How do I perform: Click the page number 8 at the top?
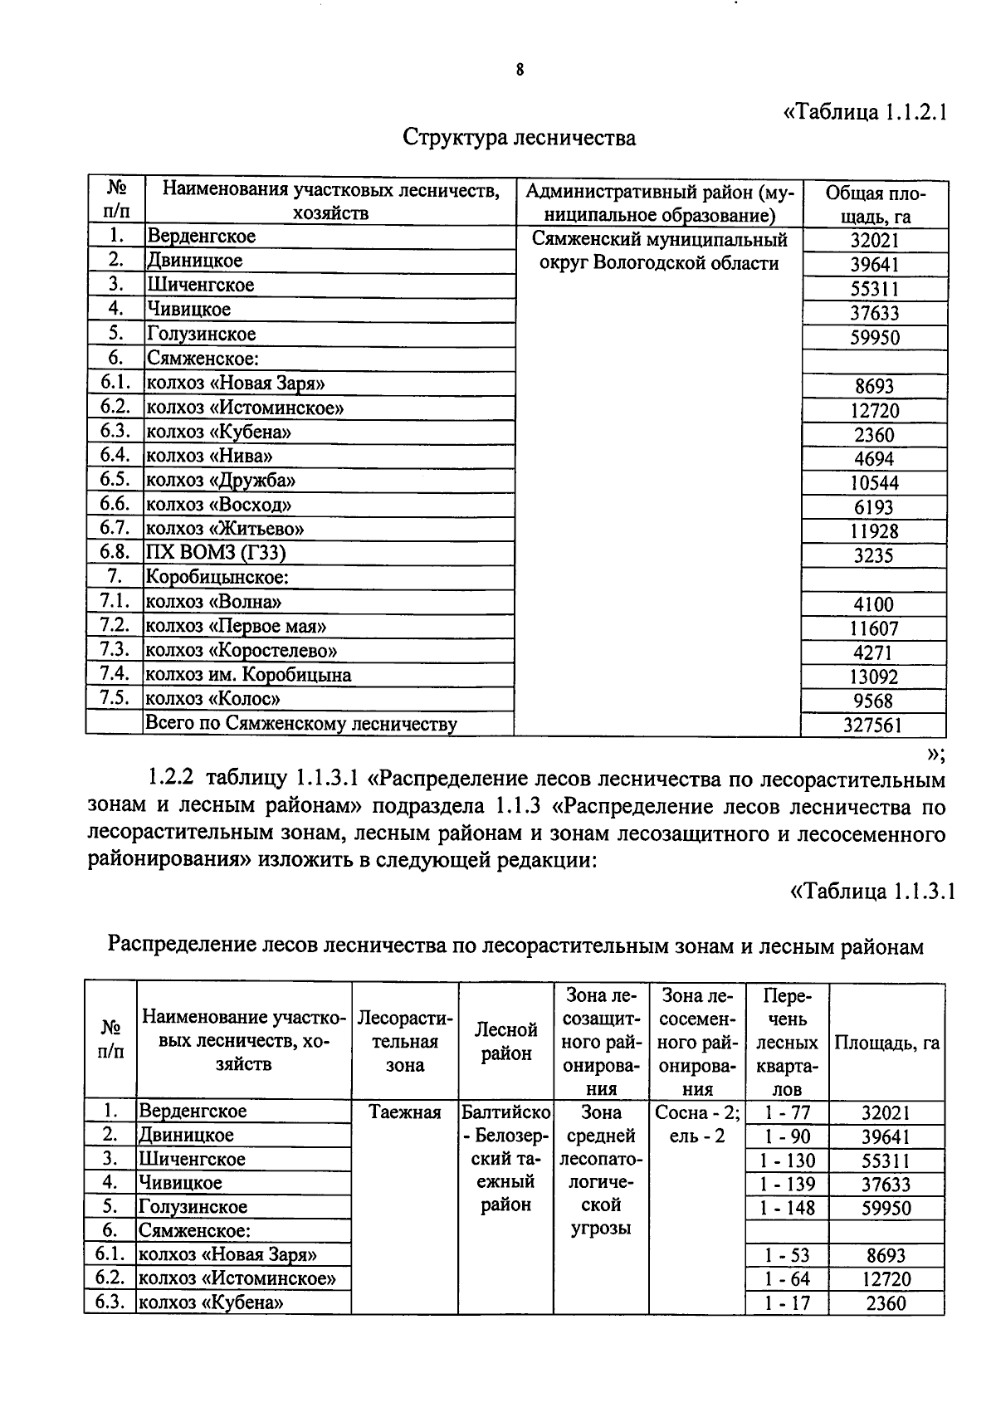click(520, 71)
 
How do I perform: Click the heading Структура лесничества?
click(520, 137)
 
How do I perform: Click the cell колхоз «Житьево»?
click(226, 529)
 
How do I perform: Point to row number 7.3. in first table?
click(115, 650)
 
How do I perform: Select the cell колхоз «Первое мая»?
click(237, 626)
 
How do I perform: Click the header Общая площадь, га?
click(874, 205)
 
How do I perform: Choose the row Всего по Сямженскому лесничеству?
click(301, 724)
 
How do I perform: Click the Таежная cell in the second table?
click(405, 1112)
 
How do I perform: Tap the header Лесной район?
click(506, 1042)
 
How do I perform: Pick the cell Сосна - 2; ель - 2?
click(696, 1123)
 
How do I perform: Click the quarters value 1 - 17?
click(788, 1303)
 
